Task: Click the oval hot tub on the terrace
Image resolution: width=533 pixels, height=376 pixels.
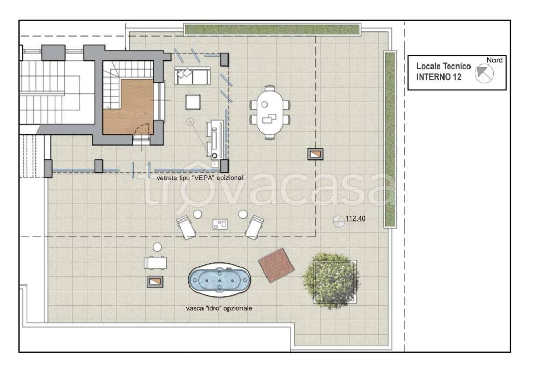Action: click(x=220, y=280)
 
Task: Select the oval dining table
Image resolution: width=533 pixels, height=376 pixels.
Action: click(x=270, y=113)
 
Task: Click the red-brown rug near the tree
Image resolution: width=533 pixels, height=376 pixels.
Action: click(x=276, y=265)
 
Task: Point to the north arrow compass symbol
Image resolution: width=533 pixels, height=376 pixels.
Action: click(x=484, y=73)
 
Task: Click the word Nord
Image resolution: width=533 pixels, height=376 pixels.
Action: click(x=494, y=60)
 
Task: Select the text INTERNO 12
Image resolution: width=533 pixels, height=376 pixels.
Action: click(x=439, y=77)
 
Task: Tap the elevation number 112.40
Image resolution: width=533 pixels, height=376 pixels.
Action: click(x=355, y=218)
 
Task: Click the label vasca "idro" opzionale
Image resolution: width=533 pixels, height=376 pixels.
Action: click(x=219, y=308)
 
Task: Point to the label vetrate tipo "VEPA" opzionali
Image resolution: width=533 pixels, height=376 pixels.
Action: click(x=200, y=178)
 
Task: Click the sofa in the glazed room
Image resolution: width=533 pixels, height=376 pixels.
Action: click(x=192, y=76)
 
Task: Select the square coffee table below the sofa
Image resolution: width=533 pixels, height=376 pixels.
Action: click(x=193, y=102)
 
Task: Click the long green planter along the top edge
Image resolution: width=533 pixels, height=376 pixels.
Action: click(x=272, y=30)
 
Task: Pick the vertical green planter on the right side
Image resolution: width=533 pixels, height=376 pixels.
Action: click(x=390, y=139)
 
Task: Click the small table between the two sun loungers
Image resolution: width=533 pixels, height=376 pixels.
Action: click(x=220, y=224)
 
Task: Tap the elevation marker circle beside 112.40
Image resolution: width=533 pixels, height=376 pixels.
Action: click(x=338, y=222)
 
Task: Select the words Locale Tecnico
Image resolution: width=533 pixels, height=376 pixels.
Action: click(x=443, y=66)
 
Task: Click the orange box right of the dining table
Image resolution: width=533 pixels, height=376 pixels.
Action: click(x=315, y=154)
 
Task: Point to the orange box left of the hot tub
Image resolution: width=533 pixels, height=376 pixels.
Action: click(x=155, y=281)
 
